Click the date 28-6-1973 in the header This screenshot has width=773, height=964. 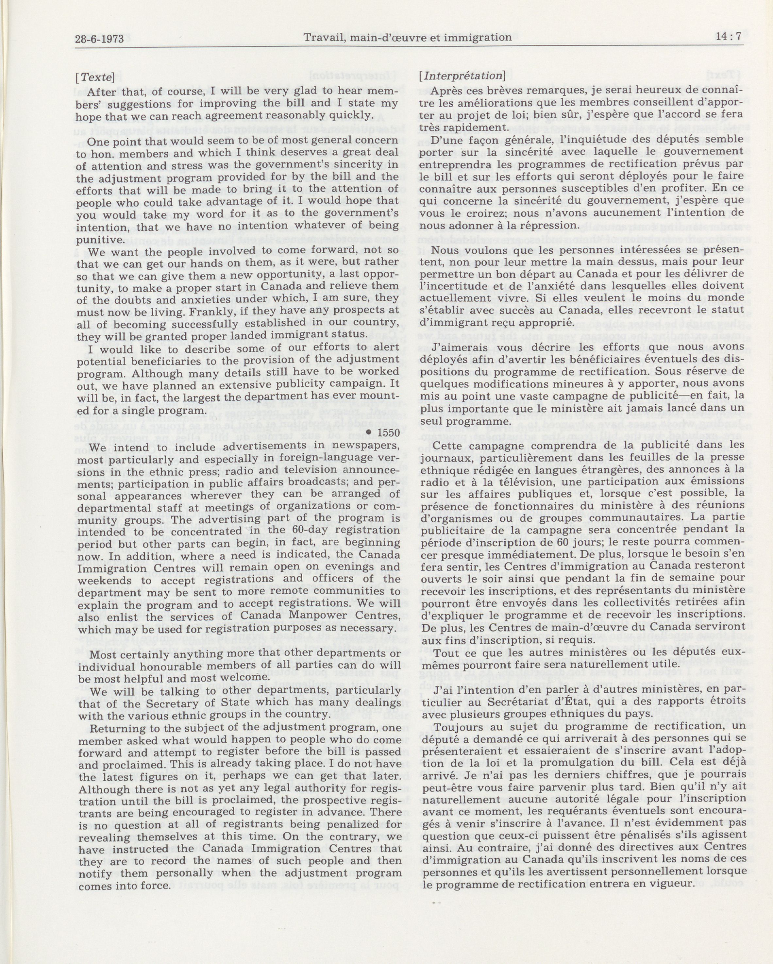pyautogui.click(x=99, y=39)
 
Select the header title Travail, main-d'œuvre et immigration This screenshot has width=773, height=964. pyautogui.click(x=407, y=38)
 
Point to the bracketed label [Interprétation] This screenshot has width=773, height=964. pyautogui.click(x=462, y=76)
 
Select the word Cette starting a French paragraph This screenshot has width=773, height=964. pyautogui.click(x=447, y=445)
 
